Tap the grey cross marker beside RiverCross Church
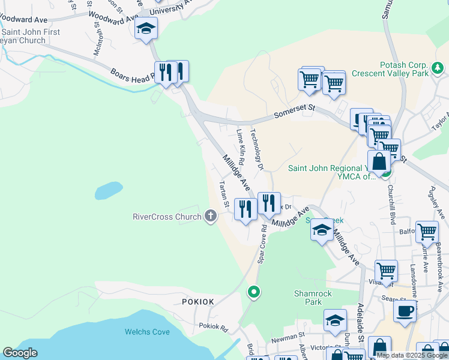[210, 215]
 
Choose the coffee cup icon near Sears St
[405, 312]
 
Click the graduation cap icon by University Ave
[146, 28]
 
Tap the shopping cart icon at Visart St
[386, 271]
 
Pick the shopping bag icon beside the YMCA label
[379, 162]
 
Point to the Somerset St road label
[295, 110]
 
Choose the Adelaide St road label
[361, 323]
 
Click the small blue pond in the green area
[109, 191]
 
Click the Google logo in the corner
[20, 352]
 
